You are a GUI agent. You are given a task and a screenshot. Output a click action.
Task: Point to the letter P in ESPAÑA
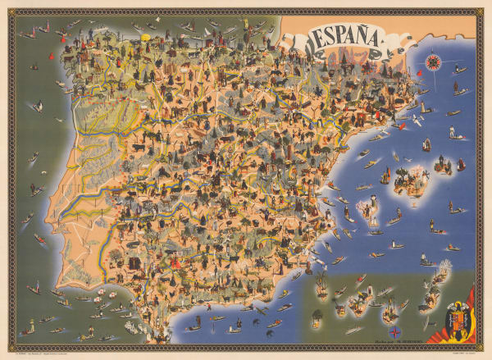coord(337,38)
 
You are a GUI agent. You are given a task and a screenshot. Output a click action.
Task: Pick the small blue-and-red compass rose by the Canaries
coord(394,330)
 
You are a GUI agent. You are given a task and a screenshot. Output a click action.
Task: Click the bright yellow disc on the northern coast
coord(148,38)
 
